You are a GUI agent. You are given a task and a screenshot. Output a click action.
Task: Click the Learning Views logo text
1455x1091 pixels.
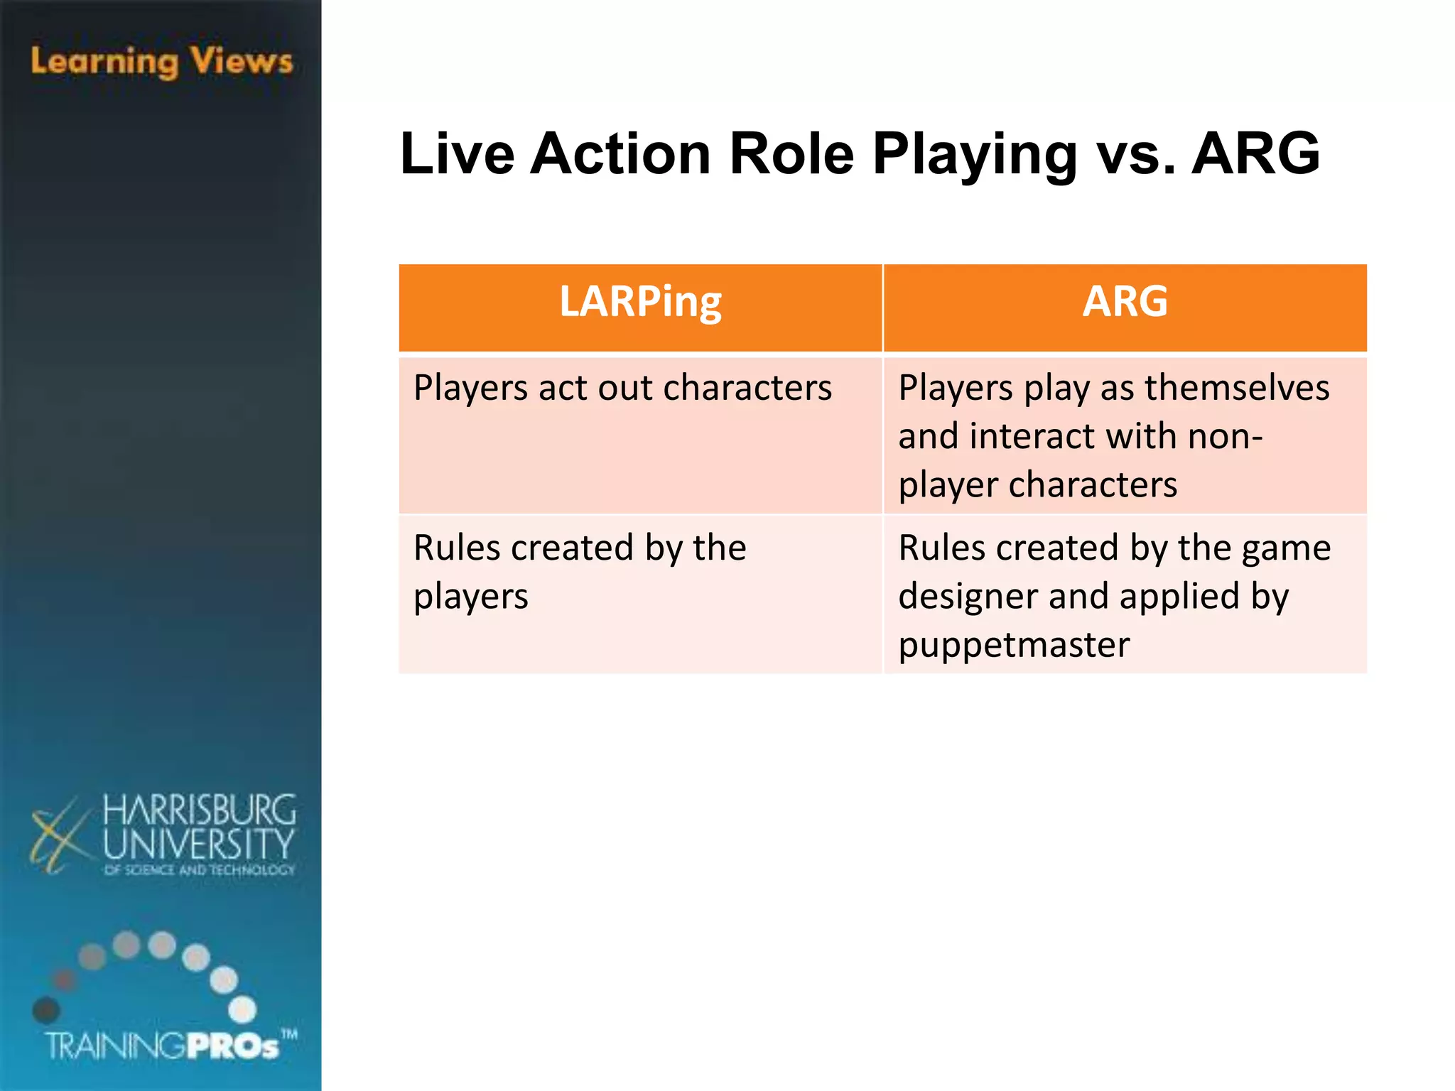point(162,62)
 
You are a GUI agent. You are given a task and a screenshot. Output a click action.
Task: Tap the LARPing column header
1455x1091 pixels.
point(640,302)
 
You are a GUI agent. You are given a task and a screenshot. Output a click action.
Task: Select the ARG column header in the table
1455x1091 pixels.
point(1125,302)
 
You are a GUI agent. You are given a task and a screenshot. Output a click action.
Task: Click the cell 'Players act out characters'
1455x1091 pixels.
point(622,389)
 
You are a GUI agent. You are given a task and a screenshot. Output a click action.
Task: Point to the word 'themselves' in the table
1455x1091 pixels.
point(1237,389)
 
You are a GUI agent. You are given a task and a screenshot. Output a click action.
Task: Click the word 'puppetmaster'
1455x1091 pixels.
point(1014,645)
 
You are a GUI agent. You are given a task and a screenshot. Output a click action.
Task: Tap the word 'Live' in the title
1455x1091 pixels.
point(457,153)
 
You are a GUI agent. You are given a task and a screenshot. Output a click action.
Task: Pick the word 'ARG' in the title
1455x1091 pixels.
point(1255,153)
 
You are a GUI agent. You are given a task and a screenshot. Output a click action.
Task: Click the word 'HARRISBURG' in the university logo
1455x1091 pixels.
point(199,810)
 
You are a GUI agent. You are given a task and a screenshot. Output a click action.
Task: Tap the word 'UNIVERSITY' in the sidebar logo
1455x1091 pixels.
point(198,845)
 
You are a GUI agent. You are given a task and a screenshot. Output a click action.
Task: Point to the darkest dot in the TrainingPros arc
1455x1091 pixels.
point(46,1009)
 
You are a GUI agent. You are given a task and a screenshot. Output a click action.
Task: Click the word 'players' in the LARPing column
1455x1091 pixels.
point(471,597)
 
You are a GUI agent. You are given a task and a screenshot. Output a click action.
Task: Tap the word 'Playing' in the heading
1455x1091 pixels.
point(975,153)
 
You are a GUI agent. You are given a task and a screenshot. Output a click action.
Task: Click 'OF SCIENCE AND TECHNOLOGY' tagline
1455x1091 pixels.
point(199,870)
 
